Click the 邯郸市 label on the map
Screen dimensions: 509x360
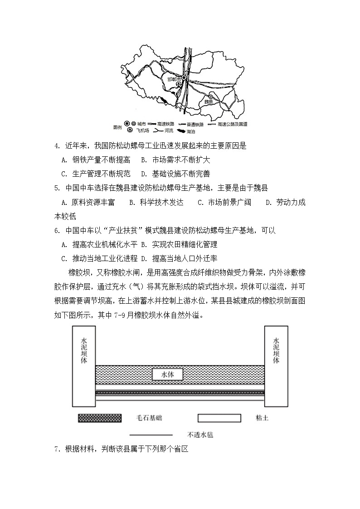tap(174, 78)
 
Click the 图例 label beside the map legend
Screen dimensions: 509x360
tap(117, 127)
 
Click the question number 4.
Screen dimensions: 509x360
tap(57, 146)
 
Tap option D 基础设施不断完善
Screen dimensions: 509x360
tap(175, 174)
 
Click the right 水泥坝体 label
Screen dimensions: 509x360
tap(276, 351)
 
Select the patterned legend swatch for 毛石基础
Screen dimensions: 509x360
tap(100, 417)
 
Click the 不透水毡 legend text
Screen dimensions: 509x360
tap(200, 434)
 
